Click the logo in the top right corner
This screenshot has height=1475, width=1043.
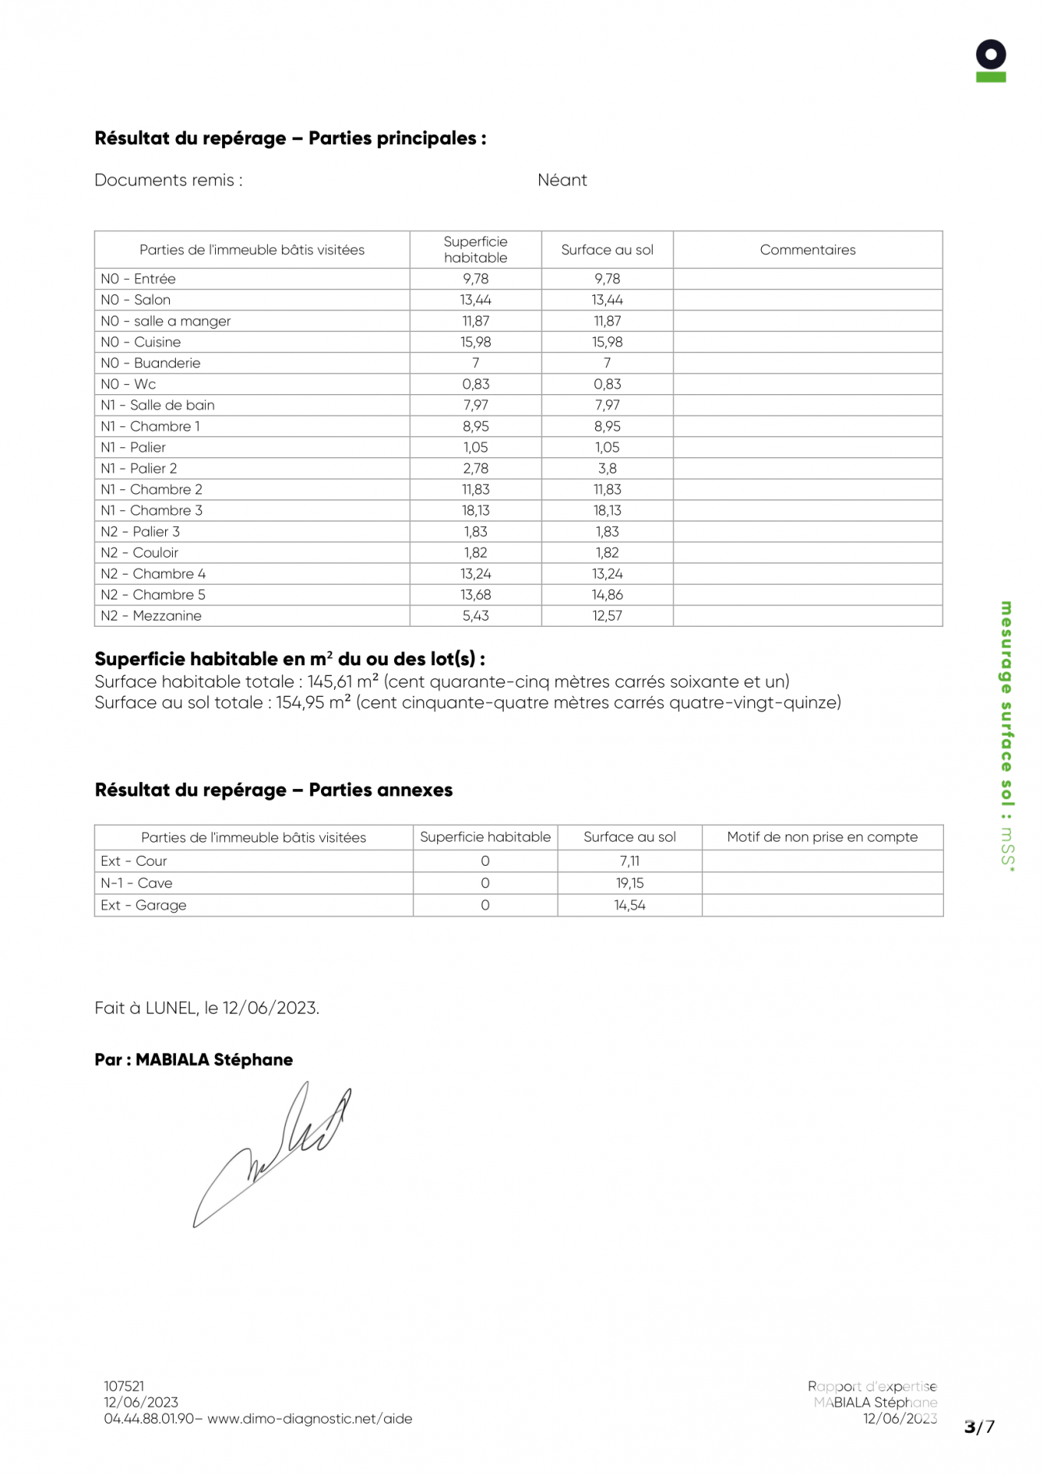(990, 61)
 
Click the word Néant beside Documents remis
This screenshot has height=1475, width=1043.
(561, 180)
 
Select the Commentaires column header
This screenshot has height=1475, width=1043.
(807, 250)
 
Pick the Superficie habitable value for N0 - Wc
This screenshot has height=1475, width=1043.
(475, 384)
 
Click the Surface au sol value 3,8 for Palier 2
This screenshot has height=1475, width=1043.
(607, 468)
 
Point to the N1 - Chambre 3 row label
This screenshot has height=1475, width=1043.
(151, 510)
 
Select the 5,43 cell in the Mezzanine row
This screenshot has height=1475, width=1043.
(475, 615)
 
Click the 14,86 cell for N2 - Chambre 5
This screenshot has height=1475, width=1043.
(607, 595)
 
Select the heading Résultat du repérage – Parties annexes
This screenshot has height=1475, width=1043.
(273, 790)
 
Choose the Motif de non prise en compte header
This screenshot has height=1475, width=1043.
(822, 837)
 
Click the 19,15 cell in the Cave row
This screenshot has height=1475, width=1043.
(629, 883)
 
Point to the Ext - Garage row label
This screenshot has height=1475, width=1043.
(144, 905)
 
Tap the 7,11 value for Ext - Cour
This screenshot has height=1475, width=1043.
(629, 861)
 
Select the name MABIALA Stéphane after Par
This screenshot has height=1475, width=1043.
(214, 1059)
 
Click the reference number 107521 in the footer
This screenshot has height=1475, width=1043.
(124, 1386)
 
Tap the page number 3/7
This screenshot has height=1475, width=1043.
(979, 1427)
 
